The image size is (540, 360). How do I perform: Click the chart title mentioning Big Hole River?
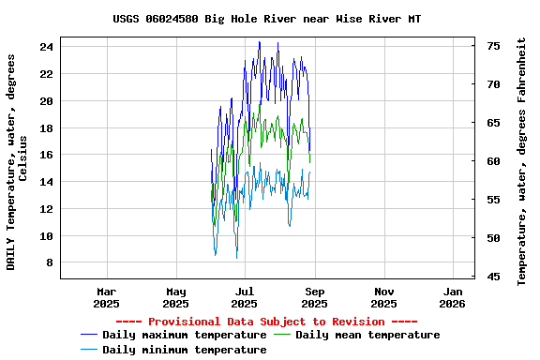point(267,19)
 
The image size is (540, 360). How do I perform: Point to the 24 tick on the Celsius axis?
point(47,46)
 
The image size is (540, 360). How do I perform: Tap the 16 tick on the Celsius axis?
point(47,155)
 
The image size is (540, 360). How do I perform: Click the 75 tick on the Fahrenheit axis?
point(493,46)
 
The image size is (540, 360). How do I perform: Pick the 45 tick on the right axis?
point(493,277)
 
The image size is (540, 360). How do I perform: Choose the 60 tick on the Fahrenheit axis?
point(493,161)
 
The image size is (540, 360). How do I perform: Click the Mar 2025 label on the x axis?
point(107,297)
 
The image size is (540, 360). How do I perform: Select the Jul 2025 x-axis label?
point(244,297)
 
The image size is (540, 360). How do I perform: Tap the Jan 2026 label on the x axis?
point(452,297)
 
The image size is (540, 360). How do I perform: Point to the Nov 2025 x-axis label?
point(383,297)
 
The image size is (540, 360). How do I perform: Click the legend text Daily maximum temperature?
point(185,335)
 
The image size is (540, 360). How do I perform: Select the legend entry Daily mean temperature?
point(367,335)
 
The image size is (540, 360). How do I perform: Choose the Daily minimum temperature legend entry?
point(185,350)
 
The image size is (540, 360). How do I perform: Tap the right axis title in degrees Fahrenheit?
point(522,161)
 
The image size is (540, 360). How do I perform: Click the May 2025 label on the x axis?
point(175,297)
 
